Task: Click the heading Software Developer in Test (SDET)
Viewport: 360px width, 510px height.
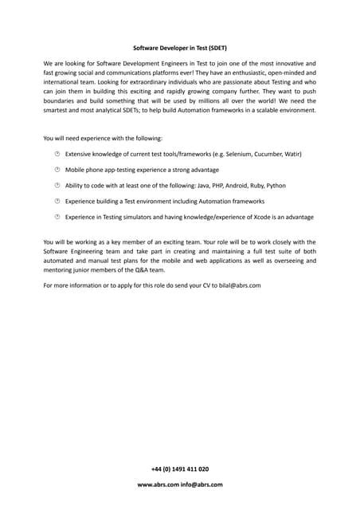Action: click(179, 48)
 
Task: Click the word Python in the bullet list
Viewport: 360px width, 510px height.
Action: click(276, 186)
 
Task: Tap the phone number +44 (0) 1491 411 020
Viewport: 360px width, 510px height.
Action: click(179, 469)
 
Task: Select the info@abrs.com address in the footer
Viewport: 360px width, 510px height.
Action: click(201, 484)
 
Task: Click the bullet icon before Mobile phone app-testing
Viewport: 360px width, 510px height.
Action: click(57, 170)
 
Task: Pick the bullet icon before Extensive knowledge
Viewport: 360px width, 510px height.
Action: click(57, 154)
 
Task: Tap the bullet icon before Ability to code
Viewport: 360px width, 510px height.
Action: click(57, 186)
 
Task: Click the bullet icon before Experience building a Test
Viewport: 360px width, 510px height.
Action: click(57, 201)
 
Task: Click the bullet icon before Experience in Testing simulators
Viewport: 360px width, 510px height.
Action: click(57, 217)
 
